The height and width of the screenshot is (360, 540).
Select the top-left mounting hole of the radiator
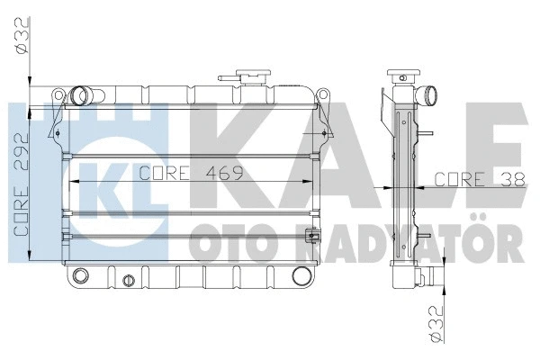(x=59, y=94)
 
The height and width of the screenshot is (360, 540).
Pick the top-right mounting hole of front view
(x=319, y=94)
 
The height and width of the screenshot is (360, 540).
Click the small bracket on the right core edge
(x=312, y=238)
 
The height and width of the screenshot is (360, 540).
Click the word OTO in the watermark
(x=221, y=242)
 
